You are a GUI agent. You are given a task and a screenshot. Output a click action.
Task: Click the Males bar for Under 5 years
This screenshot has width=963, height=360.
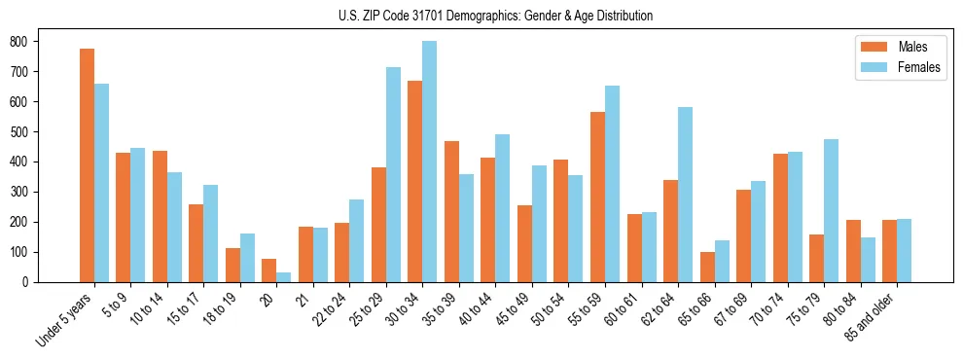tap(87, 165)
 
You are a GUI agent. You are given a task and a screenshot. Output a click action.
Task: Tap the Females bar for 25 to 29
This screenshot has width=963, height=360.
tap(393, 175)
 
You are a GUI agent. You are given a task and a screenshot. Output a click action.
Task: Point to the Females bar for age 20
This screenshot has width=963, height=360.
tap(284, 277)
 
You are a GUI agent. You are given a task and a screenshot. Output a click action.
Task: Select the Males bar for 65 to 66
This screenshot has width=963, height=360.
tap(707, 268)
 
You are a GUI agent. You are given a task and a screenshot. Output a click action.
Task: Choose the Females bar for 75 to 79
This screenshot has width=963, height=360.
tap(831, 210)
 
